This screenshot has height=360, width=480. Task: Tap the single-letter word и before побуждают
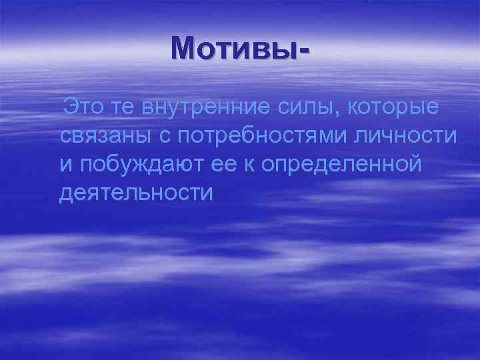coord(65,166)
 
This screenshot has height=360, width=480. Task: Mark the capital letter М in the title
coord(183,47)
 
